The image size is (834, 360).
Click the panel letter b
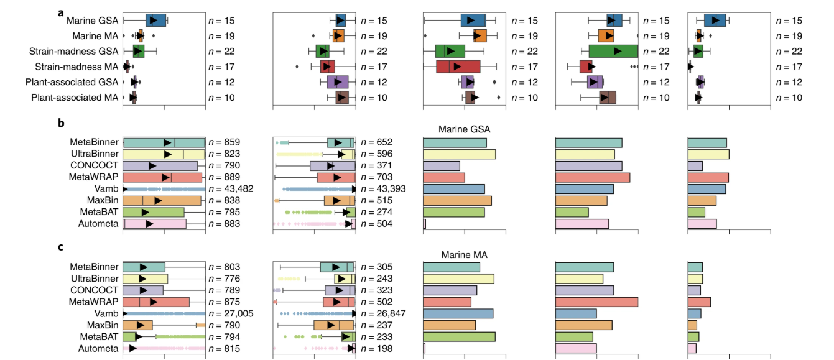[x=61, y=123]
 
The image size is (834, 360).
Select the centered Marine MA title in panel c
[x=464, y=255]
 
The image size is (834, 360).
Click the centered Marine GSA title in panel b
[x=464, y=130]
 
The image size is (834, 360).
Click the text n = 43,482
[x=230, y=188]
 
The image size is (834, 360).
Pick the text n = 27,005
[x=230, y=313]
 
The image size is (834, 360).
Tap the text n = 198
[x=375, y=349]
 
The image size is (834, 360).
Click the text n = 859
[x=224, y=142]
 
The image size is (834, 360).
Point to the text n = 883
[x=224, y=224]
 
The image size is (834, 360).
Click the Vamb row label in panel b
[x=106, y=188]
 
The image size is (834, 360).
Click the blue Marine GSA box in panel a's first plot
[x=155, y=20]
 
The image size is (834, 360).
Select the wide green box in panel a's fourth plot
[x=613, y=51]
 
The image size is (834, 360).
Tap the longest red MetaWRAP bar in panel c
[x=596, y=302]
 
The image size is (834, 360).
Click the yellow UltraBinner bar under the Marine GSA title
[x=459, y=154]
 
